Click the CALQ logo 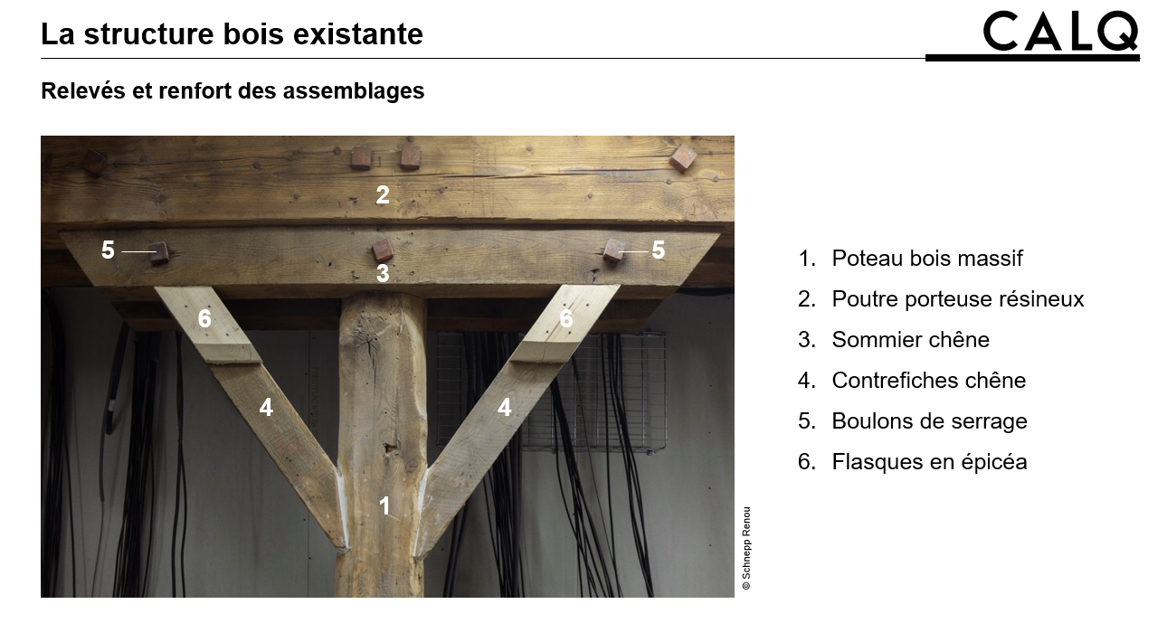click(x=1060, y=32)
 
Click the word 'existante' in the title click(x=358, y=34)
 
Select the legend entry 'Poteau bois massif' click(x=910, y=259)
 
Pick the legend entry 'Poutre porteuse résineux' click(x=941, y=299)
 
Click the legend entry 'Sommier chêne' click(x=894, y=340)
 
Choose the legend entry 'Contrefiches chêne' click(x=912, y=381)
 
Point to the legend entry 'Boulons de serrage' click(x=912, y=420)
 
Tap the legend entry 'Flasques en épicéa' click(x=912, y=461)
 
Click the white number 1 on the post click(x=384, y=505)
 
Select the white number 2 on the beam click(x=383, y=194)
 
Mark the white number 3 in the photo click(x=383, y=273)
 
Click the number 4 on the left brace click(x=266, y=407)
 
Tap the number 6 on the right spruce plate click(x=566, y=318)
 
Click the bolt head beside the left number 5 click(x=158, y=253)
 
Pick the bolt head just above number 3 click(x=383, y=250)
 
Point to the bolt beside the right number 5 click(x=613, y=250)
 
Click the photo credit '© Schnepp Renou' click(x=746, y=548)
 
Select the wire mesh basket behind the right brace click(x=551, y=391)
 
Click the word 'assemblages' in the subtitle click(x=354, y=90)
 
